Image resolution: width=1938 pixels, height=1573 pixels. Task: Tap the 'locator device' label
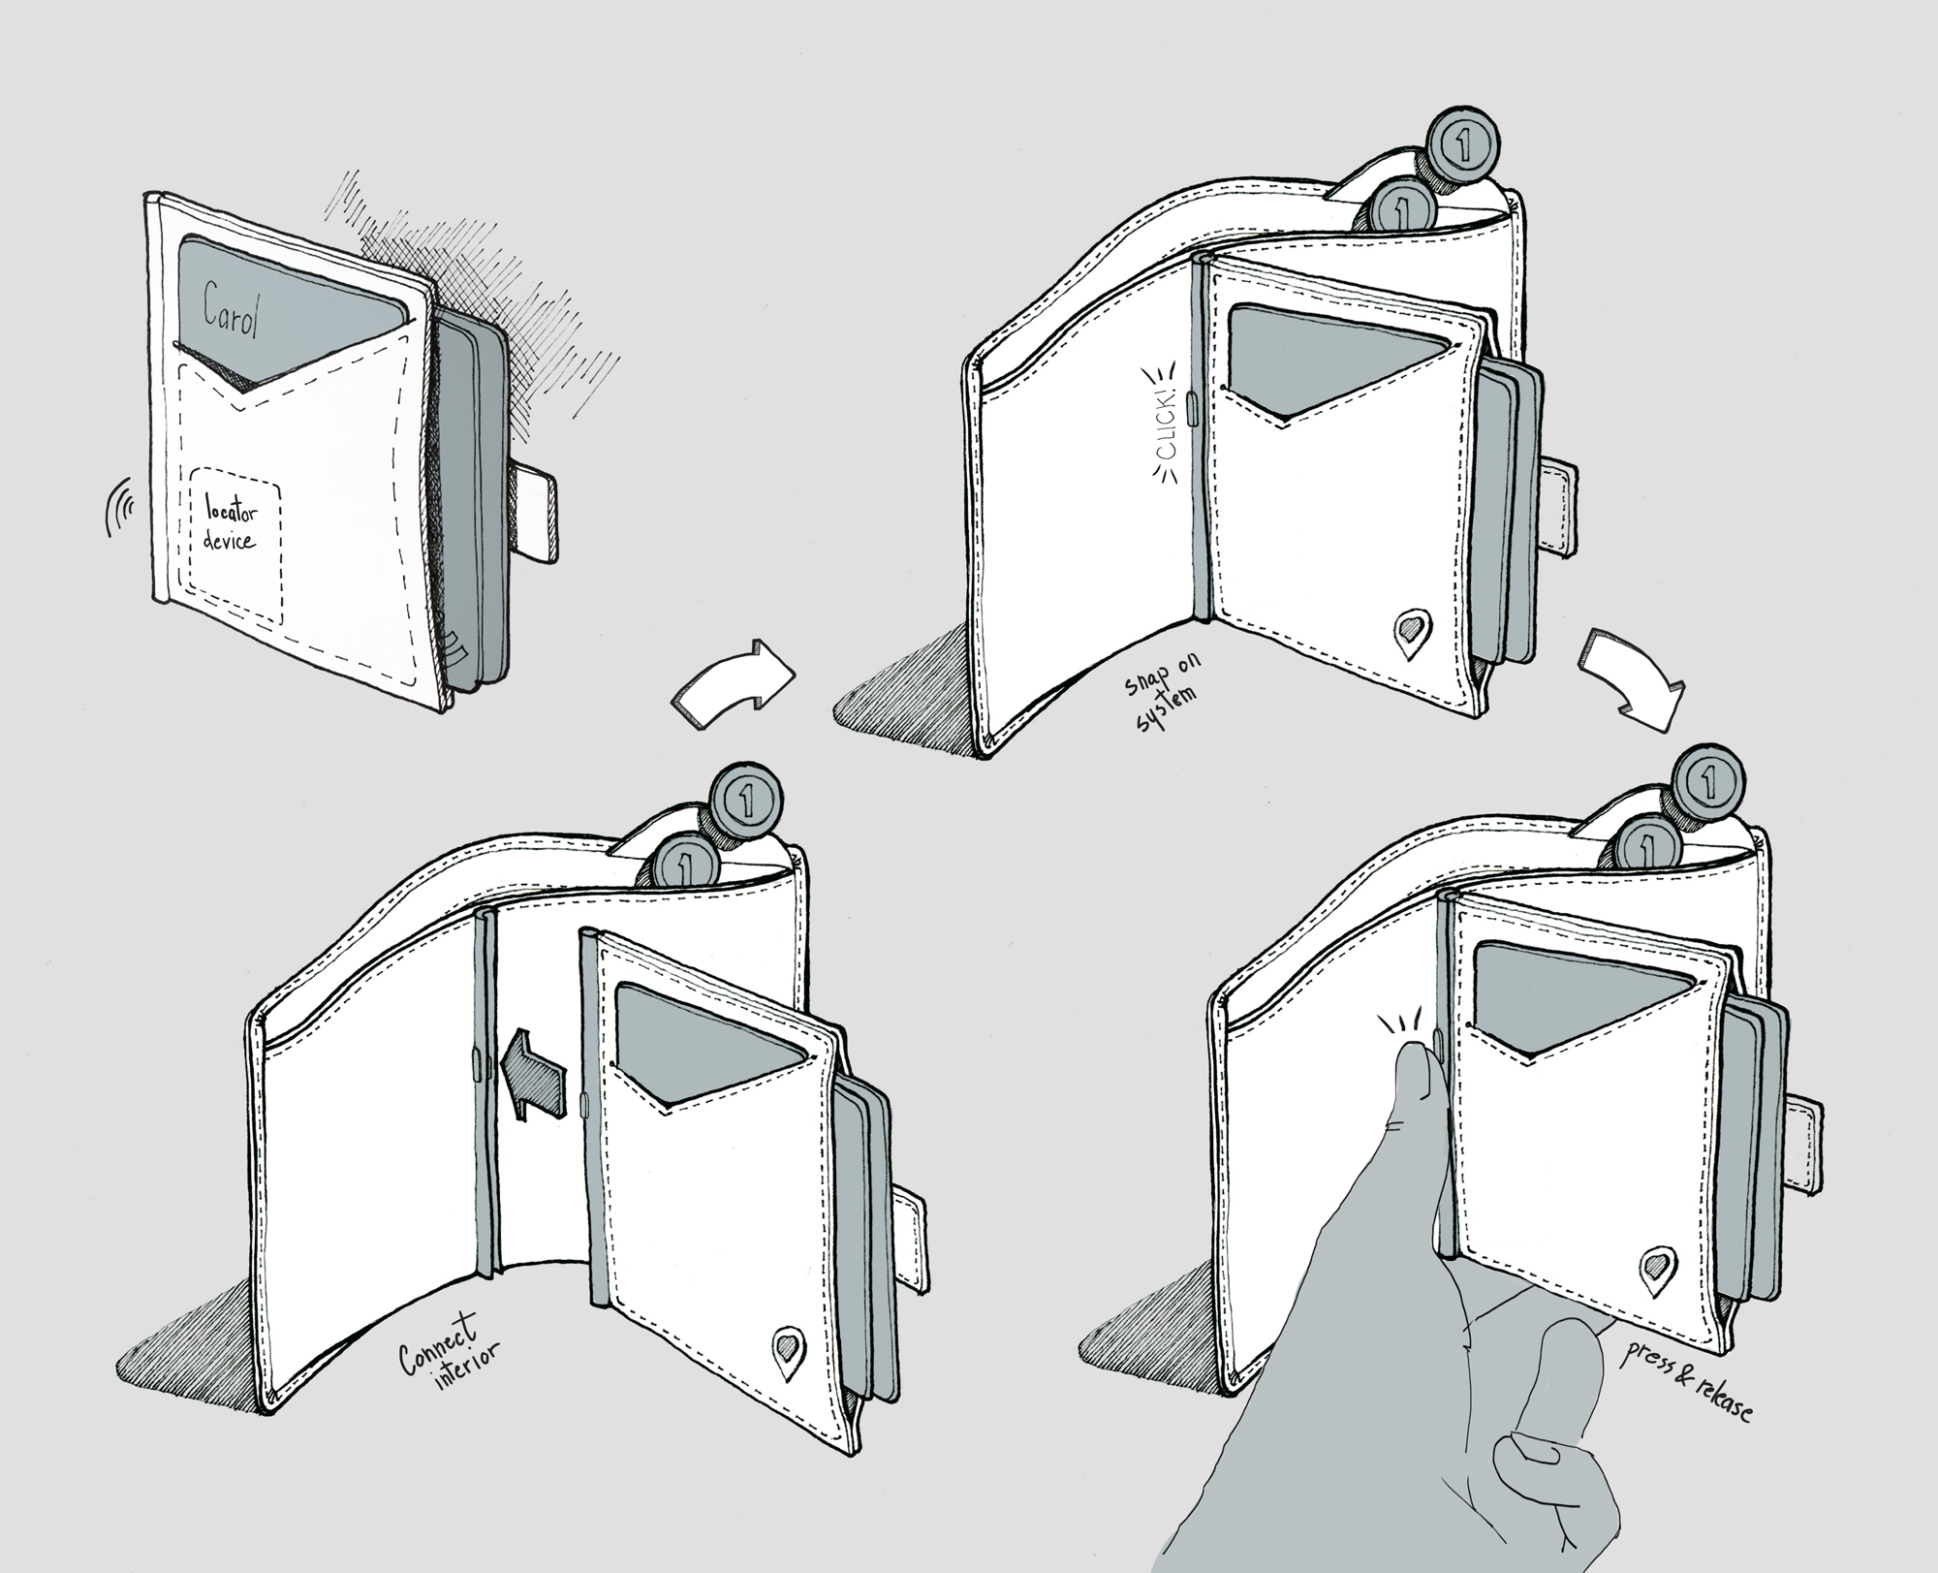pos(231,523)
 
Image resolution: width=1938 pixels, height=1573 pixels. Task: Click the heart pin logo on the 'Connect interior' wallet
pos(788,1347)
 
